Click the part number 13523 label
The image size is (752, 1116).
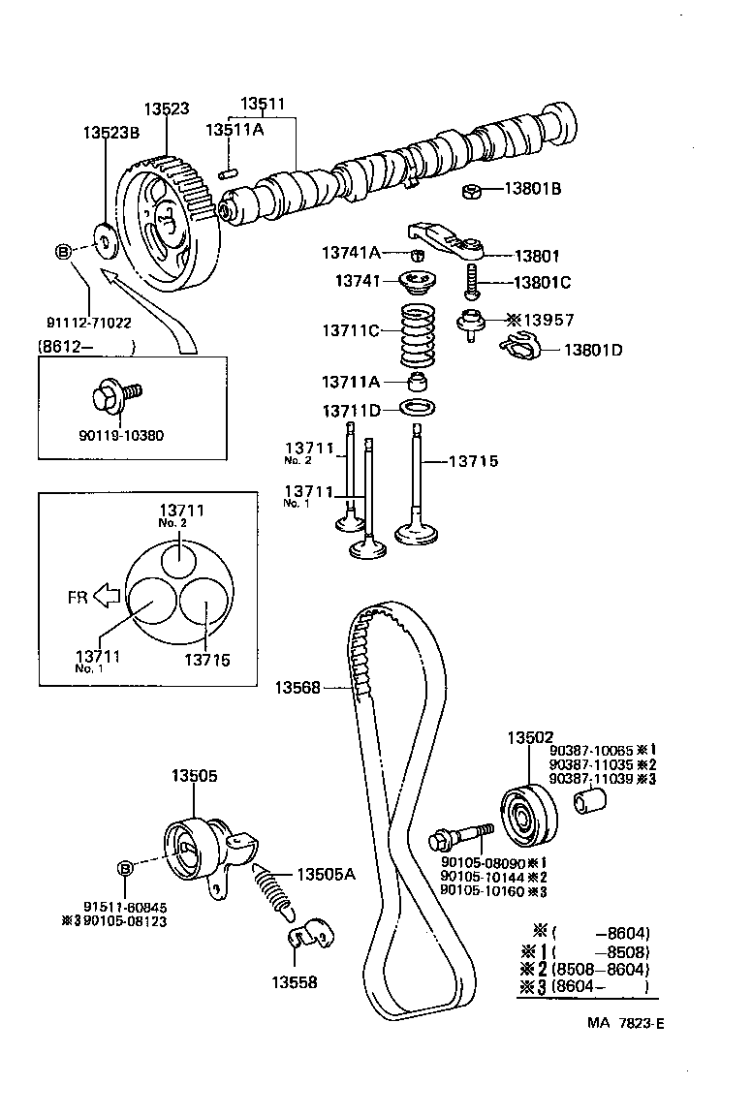pyautogui.click(x=167, y=109)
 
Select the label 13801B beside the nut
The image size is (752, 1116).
pyautogui.click(x=532, y=189)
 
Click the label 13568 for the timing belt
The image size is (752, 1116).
pyautogui.click(x=297, y=687)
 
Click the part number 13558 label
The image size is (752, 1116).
pyautogui.click(x=294, y=981)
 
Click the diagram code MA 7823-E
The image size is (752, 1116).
pyautogui.click(x=626, y=1022)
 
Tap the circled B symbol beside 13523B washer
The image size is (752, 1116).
pyautogui.click(x=63, y=253)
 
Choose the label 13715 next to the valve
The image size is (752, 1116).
pyautogui.click(x=473, y=461)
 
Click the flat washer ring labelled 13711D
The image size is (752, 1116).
pyautogui.click(x=417, y=407)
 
